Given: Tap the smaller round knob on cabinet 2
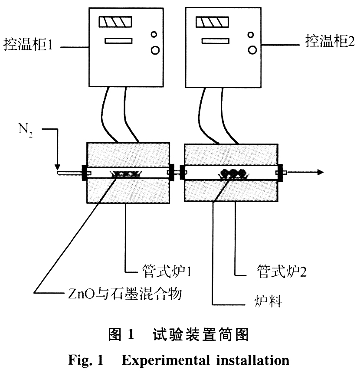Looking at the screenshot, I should (251, 34).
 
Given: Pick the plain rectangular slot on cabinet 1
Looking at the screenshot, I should (118, 42).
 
